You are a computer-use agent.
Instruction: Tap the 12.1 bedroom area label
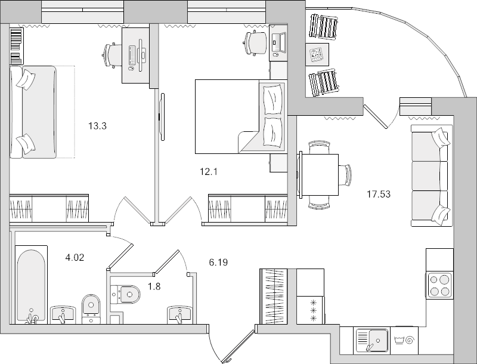pos(209,172)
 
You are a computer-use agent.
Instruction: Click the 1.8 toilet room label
pos(154,286)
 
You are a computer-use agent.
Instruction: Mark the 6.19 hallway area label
pos(219,262)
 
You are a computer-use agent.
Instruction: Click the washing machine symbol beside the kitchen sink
pos(405,341)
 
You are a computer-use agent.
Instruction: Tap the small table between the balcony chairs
pos(315,55)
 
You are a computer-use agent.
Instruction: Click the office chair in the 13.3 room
pos(111,54)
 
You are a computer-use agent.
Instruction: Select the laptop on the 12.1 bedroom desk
pos(278,42)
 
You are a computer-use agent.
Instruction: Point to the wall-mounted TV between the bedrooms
pos(160,116)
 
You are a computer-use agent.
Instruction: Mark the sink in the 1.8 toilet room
pos(179,314)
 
